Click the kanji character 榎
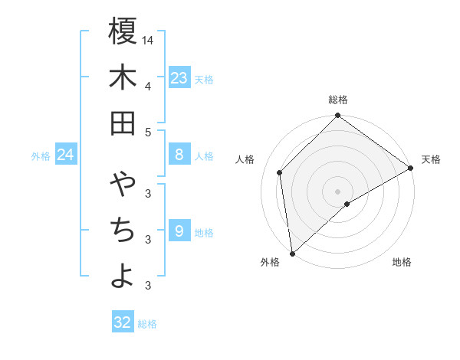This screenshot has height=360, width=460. point(123,33)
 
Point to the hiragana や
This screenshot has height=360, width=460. point(123,185)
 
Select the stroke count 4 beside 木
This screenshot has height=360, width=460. point(148,86)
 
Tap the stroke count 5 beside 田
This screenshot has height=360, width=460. point(148,132)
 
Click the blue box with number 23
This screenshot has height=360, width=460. point(179,77)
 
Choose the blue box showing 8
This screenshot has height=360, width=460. point(179,155)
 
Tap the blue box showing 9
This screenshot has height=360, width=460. point(179,231)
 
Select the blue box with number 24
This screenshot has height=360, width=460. point(66,155)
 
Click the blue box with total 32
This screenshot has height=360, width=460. point(123,322)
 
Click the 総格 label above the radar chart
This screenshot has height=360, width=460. point(338,100)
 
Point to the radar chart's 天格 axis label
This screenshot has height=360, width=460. point(431,159)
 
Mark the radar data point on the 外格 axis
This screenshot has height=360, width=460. point(292,253)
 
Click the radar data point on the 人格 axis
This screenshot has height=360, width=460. point(280,172)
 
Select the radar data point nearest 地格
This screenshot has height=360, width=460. point(347,204)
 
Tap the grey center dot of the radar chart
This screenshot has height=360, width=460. point(338,191)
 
